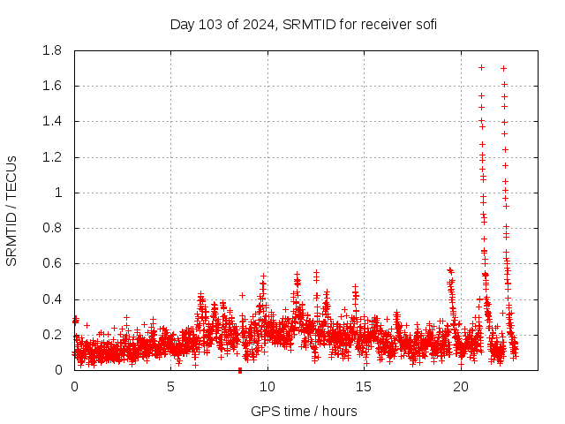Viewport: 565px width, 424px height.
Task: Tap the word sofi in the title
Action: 424,24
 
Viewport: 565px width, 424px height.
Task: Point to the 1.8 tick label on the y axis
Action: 52,50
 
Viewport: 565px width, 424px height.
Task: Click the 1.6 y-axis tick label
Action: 52,86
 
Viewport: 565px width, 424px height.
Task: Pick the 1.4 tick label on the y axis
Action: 52,121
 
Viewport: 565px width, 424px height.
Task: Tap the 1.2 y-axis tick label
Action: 52,157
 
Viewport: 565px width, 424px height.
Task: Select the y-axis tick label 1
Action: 59,193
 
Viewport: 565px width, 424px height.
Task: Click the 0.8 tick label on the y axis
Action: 52,228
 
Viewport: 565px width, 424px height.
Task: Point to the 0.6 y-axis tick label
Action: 52,263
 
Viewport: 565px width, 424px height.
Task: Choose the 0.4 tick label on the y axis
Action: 52,299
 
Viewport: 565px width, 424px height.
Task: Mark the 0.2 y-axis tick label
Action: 52,335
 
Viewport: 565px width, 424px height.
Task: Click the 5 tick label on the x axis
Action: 170,386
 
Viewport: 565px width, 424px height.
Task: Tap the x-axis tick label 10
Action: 267,386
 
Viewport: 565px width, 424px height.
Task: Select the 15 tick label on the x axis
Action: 363,386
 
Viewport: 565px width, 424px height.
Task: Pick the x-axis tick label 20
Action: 459,386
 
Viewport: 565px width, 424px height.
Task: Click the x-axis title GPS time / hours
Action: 304,411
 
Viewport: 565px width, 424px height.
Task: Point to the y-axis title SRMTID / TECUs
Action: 12,210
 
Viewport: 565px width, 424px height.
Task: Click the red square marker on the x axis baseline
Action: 240,370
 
